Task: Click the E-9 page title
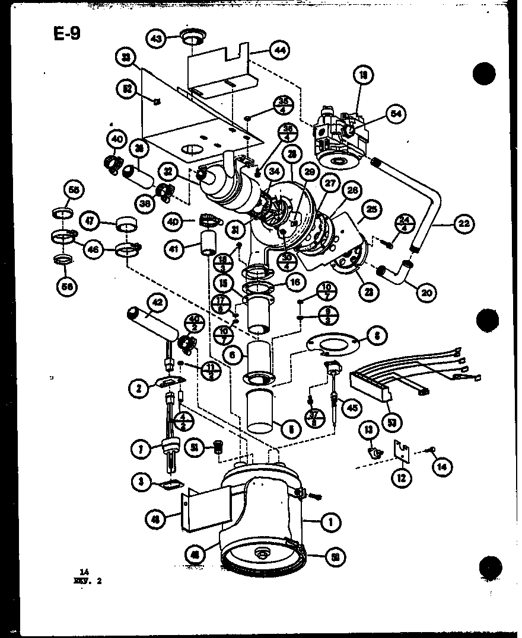66,33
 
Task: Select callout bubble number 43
157,39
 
